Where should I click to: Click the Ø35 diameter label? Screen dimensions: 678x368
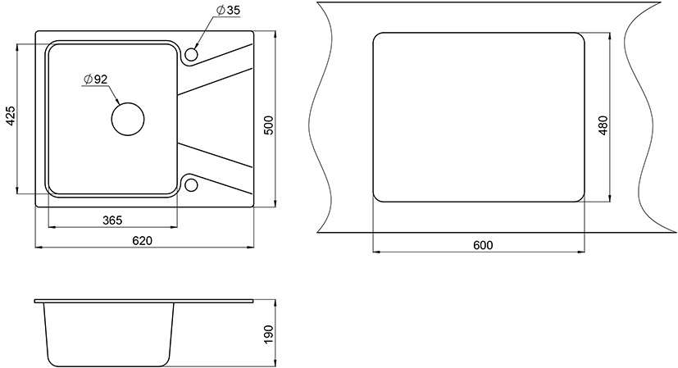[227, 11]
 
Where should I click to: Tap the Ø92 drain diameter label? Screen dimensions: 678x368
[96, 80]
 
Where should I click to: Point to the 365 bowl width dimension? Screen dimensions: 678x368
[112, 220]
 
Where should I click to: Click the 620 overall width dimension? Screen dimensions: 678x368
[143, 240]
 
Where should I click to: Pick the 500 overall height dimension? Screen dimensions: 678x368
[269, 125]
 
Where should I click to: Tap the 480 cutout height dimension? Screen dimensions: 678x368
[603, 125]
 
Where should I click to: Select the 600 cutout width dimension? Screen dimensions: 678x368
[483, 245]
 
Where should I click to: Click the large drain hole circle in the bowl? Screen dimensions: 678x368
[128, 103]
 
